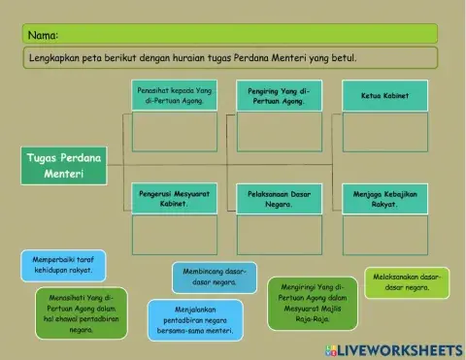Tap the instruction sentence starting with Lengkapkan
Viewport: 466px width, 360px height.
click(x=194, y=57)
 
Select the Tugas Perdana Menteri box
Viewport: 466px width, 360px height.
click(x=63, y=165)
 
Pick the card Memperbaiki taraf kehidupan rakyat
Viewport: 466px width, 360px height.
click(x=63, y=265)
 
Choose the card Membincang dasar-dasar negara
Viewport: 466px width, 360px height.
click(x=215, y=278)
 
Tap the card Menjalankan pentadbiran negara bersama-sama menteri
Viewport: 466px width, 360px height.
click(x=195, y=320)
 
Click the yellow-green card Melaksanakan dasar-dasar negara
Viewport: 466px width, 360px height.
click(x=406, y=281)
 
